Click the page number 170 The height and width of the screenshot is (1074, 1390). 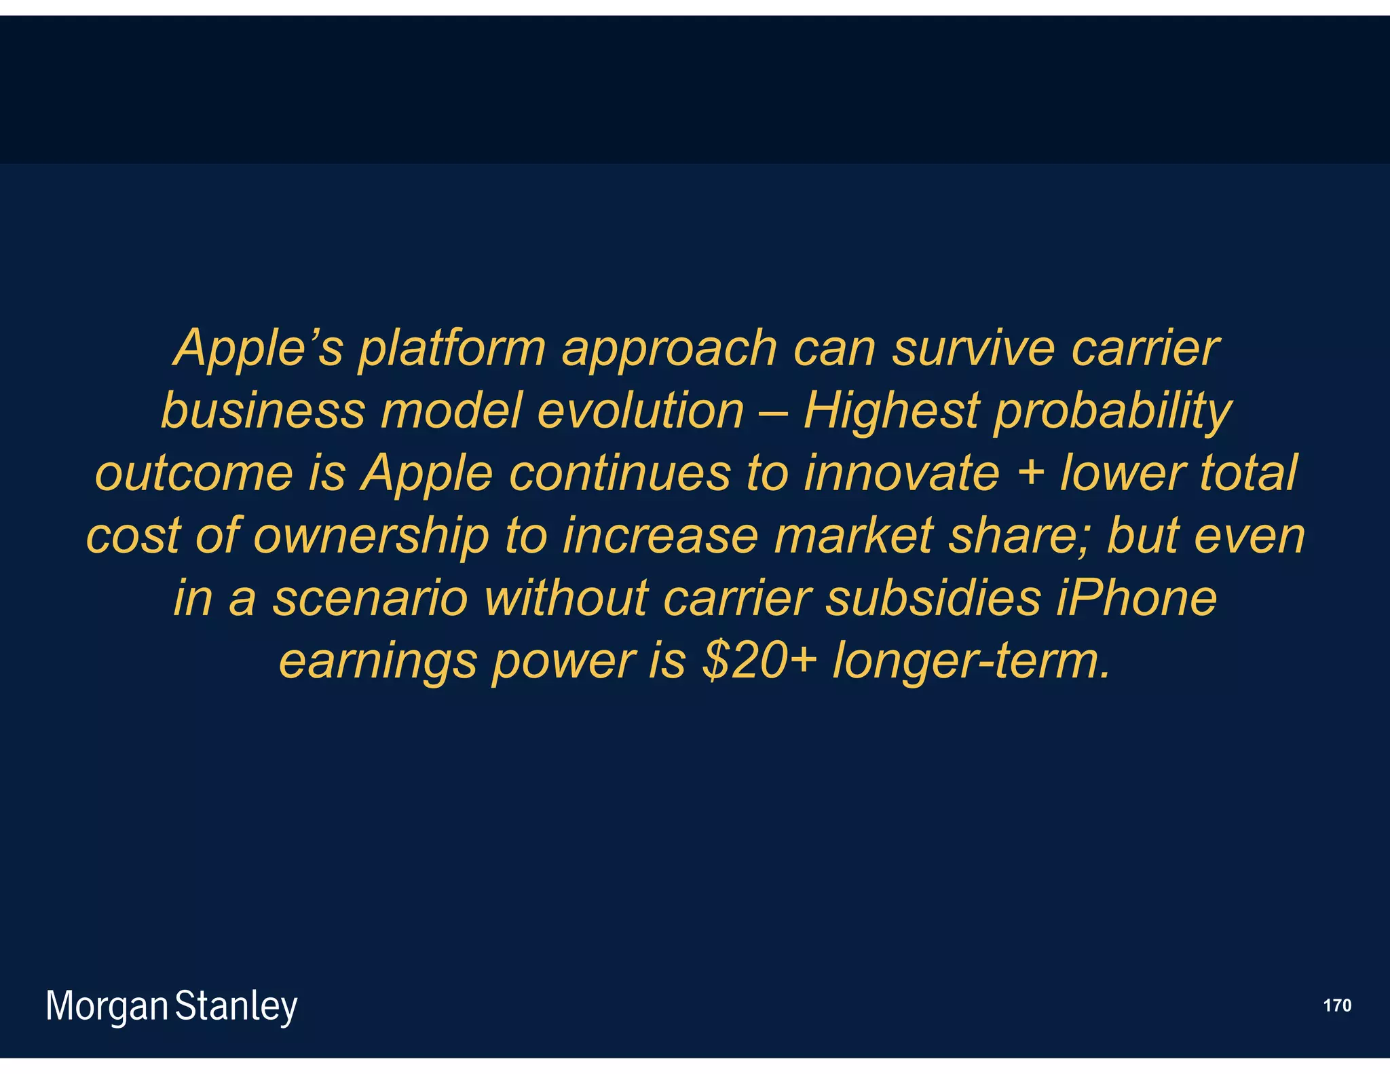[x=1337, y=1005]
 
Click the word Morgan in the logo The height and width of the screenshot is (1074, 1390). [x=107, y=1007]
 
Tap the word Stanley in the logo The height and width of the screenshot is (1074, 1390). [x=236, y=1007]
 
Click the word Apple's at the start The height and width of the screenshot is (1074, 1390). [x=258, y=348]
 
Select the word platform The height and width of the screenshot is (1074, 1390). [x=452, y=349]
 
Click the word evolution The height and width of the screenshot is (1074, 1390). [x=641, y=411]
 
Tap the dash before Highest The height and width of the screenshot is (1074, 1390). [x=774, y=412]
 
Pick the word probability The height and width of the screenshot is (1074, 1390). [x=1112, y=412]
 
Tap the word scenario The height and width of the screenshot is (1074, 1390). [x=371, y=599]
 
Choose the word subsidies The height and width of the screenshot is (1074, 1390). [x=933, y=599]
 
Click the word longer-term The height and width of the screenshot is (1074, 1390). [x=971, y=662]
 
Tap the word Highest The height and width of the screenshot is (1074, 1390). [x=891, y=412]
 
